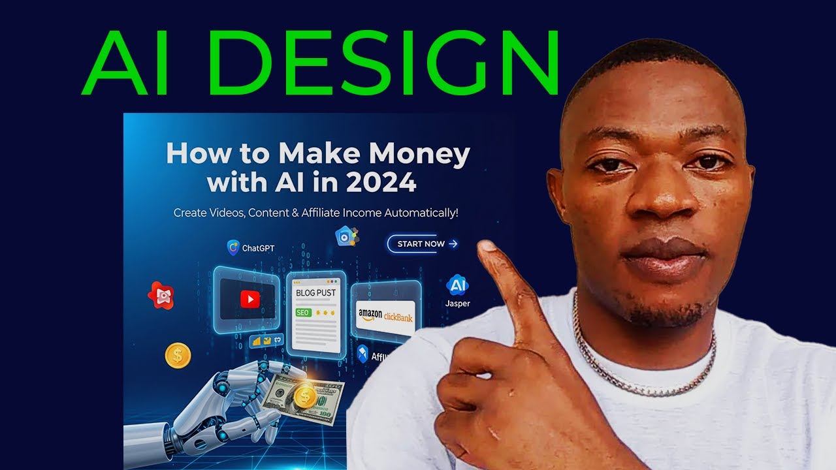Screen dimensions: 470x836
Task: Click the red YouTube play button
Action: [x=249, y=299]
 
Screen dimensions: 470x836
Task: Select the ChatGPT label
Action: [x=257, y=248]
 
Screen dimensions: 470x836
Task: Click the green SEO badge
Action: [x=302, y=313]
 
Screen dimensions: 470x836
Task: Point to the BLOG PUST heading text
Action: [x=316, y=293]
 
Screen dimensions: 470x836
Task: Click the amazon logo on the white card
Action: [x=370, y=314]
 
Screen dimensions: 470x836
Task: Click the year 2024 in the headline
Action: [x=381, y=183]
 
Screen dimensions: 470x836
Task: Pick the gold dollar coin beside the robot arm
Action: [x=177, y=355]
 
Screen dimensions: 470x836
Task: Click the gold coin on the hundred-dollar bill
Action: [x=304, y=396]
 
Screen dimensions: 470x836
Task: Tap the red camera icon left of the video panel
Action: [x=160, y=296]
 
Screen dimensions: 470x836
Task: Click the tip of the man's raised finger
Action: [x=486, y=247]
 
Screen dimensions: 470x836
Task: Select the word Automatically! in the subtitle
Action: [x=422, y=213]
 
